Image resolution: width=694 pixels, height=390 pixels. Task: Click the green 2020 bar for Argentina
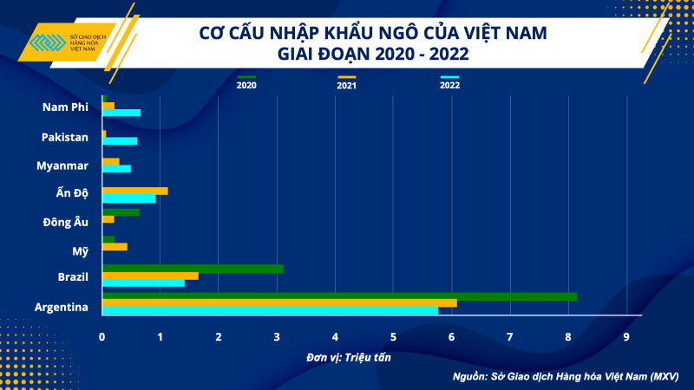(338, 296)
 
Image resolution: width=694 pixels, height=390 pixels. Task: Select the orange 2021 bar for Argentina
(279, 302)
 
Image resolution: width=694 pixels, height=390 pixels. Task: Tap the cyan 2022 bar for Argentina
(270, 309)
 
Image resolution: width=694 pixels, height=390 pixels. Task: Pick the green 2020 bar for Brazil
(193, 269)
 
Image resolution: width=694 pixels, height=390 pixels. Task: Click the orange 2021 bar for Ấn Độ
(134, 191)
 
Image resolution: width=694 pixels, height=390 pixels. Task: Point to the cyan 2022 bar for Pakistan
(120, 141)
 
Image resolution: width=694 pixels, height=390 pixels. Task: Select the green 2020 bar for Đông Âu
(121, 212)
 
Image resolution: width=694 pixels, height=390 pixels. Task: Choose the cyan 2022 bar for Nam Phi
(121, 113)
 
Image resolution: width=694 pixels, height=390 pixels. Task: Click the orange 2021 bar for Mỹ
(115, 247)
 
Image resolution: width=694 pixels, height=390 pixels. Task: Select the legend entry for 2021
(347, 82)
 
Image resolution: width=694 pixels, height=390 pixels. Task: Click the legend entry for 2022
(449, 82)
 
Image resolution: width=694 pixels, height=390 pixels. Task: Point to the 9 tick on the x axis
(626, 336)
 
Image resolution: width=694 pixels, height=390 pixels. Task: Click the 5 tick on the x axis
(393, 336)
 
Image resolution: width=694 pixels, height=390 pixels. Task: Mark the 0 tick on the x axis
(102, 336)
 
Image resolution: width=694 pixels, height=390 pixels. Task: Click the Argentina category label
(61, 306)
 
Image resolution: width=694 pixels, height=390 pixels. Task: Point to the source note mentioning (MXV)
(565, 377)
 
